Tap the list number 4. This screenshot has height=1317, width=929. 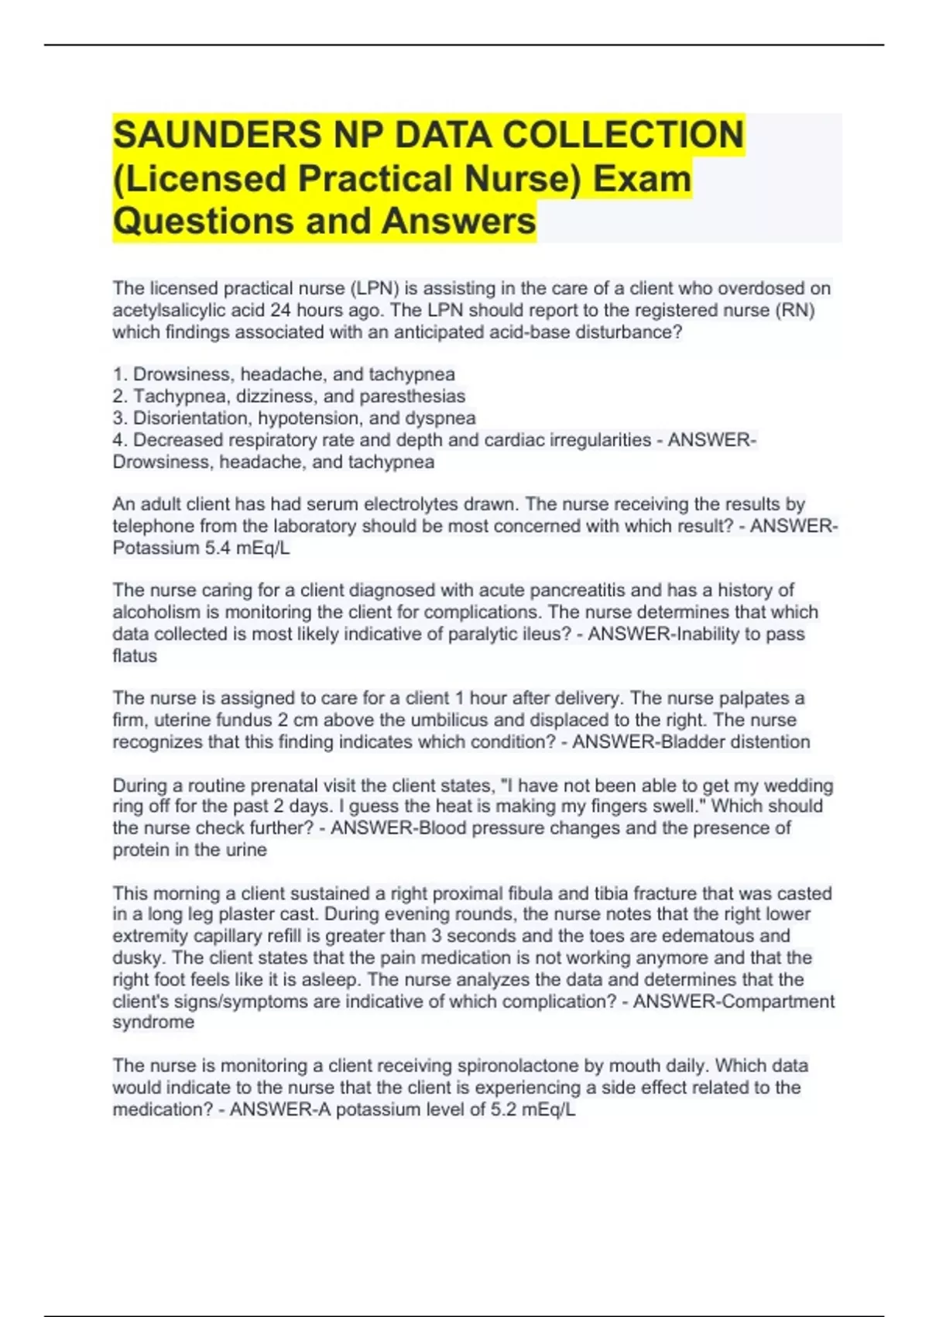pos(118,440)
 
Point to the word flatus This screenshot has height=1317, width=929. pos(135,656)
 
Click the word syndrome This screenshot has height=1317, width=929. pos(153,1023)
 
